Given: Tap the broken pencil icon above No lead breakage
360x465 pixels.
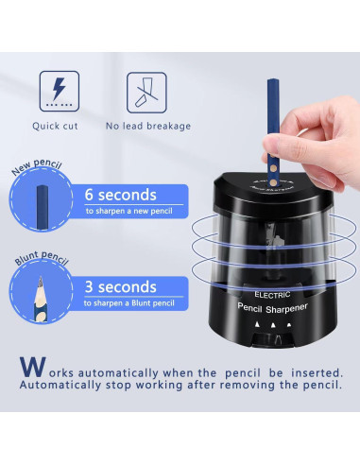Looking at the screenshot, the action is [146, 93].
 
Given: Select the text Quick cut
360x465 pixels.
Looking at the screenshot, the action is [55, 126].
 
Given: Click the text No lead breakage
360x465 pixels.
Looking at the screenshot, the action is [148, 126].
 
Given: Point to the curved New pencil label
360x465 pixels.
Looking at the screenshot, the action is [37, 166].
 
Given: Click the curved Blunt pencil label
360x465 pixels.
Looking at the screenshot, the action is [42, 258].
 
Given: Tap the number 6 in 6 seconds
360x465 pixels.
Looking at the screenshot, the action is [89, 195].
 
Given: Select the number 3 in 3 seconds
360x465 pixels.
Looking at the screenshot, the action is [89, 286].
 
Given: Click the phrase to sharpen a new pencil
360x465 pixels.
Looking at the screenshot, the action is [129, 211].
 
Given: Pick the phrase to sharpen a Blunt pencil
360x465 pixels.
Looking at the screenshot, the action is [129, 303].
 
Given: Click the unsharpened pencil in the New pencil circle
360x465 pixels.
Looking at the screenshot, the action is [43, 207].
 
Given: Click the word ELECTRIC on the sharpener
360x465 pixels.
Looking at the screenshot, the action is [272, 295].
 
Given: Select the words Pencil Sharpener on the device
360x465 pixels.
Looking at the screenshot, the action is [272, 308].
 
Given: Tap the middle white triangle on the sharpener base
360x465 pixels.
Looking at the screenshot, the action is [273, 324].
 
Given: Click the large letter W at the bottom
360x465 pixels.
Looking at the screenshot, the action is [33, 367].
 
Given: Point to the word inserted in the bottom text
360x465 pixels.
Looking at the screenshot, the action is [317, 373].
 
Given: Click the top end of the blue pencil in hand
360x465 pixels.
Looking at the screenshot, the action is [273, 80].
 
